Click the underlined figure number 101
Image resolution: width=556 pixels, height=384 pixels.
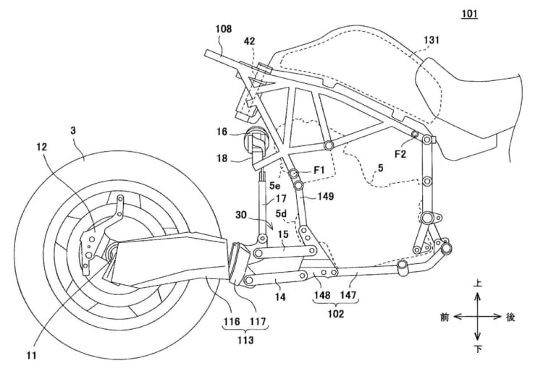(469, 14)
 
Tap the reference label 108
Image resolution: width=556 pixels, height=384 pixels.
(224, 29)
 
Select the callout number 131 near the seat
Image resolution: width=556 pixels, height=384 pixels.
(431, 40)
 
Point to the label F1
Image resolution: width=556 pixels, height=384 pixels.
(319, 171)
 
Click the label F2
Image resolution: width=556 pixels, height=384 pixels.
(400, 154)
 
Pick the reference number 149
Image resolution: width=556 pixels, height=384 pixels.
(326, 196)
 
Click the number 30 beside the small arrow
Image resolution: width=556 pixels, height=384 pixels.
(241, 215)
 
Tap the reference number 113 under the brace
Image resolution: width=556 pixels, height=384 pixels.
(245, 340)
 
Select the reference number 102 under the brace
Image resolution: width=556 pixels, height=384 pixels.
(335, 314)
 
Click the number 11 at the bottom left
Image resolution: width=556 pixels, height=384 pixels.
(32, 355)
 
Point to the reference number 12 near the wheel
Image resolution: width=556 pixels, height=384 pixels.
(42, 147)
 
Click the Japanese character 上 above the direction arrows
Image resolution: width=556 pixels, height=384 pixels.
(478, 283)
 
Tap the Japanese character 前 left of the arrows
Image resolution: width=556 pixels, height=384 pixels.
(445, 317)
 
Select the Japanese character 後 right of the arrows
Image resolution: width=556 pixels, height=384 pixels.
(510, 317)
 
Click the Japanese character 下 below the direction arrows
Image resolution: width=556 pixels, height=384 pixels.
(478, 349)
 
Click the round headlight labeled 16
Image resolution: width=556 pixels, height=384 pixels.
(256, 139)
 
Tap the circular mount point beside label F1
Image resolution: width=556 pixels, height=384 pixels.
(295, 174)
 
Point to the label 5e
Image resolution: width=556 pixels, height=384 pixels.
(274, 185)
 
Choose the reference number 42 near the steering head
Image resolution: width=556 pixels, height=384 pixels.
(249, 41)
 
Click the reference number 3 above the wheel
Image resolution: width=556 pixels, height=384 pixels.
(72, 131)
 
